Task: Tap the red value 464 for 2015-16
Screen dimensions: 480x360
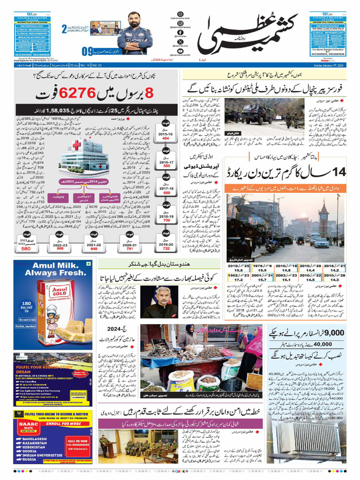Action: click(165, 139)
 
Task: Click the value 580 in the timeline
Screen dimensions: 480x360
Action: click(26, 248)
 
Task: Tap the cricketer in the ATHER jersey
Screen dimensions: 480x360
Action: click(135, 32)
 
